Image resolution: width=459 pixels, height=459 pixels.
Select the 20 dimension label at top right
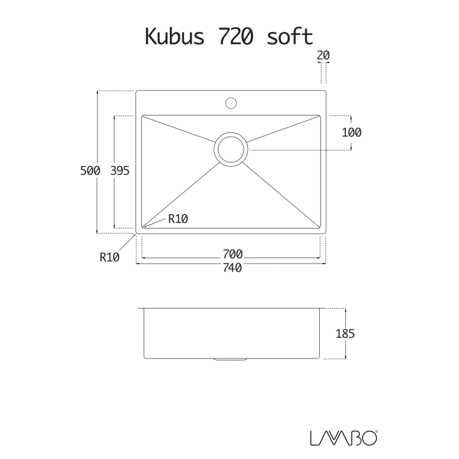pyautogui.click(x=323, y=56)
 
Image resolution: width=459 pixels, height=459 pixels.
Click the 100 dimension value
pyautogui.click(x=352, y=132)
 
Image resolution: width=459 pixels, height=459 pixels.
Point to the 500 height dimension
pyautogui.click(x=90, y=170)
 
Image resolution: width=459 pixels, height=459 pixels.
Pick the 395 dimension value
pyautogui.click(x=119, y=170)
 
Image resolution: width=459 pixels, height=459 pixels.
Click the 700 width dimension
pyautogui.click(x=232, y=254)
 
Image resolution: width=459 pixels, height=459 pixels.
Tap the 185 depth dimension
pyautogui.click(x=345, y=333)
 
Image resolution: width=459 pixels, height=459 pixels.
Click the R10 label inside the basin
pyautogui.click(x=177, y=219)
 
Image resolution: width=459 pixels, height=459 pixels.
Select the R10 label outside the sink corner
pyautogui.click(x=109, y=257)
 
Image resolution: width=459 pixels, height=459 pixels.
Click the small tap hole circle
pyautogui.click(x=231, y=102)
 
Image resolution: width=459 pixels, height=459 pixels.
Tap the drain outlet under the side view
pyautogui.click(x=231, y=360)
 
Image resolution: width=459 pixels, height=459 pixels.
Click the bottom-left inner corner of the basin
pyautogui.click(x=143, y=227)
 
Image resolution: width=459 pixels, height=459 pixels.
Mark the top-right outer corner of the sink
pyautogui.click(x=326, y=91)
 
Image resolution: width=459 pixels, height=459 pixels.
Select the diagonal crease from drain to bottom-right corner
pyautogui.click(x=281, y=194)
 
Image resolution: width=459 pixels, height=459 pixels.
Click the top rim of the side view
pyautogui.click(x=231, y=308)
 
